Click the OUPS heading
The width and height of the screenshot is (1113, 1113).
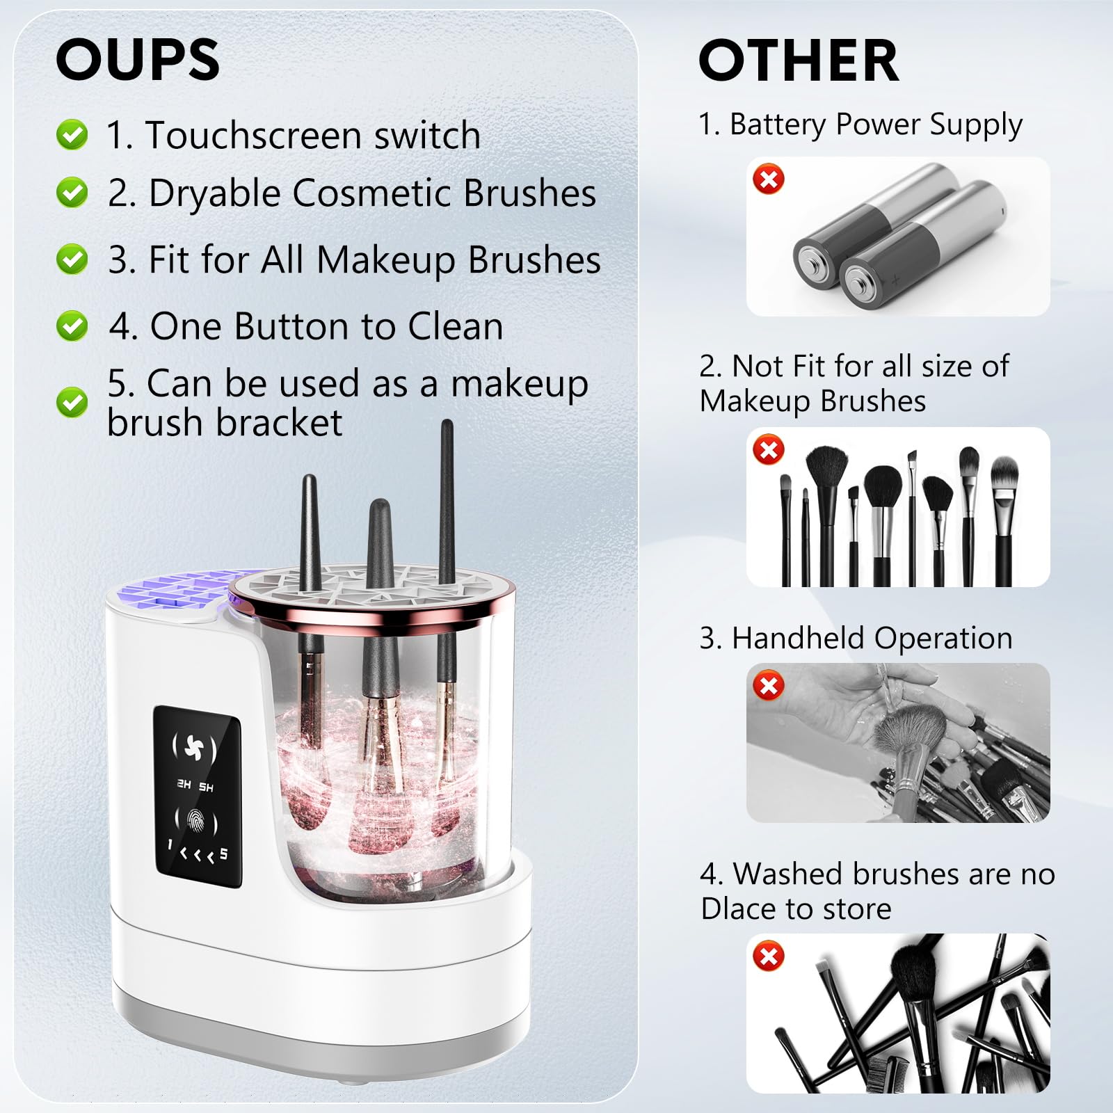click(138, 60)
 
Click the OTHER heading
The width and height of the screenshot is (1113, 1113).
click(798, 61)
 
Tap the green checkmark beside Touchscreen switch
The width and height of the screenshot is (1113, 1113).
click(72, 134)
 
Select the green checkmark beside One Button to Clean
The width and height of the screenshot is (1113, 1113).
click(72, 326)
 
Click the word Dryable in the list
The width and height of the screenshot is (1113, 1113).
click(216, 193)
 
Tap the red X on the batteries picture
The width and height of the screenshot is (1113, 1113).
click(769, 179)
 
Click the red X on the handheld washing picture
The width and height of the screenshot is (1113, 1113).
click(769, 686)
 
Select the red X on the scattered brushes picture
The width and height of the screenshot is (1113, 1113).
click(769, 956)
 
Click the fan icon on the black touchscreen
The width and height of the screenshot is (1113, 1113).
click(194, 748)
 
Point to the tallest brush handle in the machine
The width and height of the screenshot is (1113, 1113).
click(447, 487)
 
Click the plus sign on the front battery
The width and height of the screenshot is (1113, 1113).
click(895, 280)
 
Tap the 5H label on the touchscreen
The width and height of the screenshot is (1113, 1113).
click(207, 787)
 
